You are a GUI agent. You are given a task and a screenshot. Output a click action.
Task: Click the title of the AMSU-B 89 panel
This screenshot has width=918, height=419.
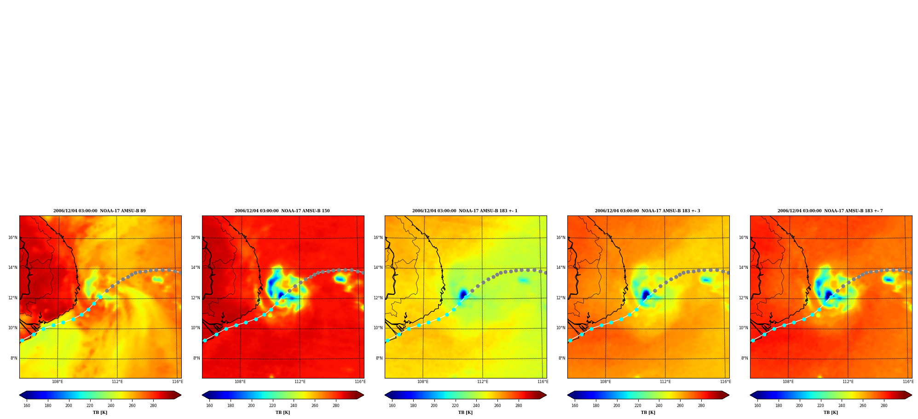(x=99, y=211)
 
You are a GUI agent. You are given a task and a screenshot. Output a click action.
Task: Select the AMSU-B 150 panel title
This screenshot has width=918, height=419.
(x=282, y=211)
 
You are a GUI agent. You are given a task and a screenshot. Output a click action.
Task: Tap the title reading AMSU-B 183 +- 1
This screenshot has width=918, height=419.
(x=465, y=211)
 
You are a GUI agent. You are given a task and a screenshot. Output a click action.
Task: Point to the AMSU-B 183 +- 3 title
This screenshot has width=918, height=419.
(x=647, y=211)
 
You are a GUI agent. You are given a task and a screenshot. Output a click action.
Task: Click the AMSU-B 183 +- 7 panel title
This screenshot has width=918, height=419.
(x=830, y=211)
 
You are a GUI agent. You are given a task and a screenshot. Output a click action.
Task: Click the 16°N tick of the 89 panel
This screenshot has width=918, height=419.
(x=13, y=238)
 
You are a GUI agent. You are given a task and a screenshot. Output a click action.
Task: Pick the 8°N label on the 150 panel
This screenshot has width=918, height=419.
(x=196, y=358)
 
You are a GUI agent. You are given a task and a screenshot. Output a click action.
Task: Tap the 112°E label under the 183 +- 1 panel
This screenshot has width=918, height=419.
(x=483, y=382)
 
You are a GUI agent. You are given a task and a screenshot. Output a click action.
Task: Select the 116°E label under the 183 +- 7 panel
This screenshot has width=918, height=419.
(x=908, y=382)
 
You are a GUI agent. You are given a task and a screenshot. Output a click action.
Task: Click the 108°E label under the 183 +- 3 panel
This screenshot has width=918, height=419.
(x=606, y=382)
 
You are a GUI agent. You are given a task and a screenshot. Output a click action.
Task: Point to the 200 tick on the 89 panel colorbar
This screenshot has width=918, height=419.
(x=69, y=406)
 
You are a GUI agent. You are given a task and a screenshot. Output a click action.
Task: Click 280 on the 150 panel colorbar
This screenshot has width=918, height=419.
(x=336, y=406)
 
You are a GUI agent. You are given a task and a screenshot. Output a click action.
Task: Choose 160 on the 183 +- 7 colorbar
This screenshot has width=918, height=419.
(x=757, y=406)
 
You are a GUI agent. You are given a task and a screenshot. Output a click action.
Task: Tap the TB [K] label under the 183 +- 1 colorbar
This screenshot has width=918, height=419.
(x=465, y=413)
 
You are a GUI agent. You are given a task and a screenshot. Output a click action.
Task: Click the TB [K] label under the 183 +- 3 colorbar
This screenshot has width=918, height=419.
(x=648, y=413)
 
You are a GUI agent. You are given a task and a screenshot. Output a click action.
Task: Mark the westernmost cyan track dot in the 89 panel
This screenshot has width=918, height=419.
(x=22, y=341)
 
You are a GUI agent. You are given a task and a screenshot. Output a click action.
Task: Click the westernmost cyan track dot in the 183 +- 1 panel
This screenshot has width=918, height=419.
(x=387, y=341)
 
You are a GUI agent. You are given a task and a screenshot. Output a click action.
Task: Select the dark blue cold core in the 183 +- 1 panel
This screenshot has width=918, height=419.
(x=462, y=294)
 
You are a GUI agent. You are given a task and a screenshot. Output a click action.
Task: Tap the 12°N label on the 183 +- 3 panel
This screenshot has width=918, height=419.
(x=561, y=298)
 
